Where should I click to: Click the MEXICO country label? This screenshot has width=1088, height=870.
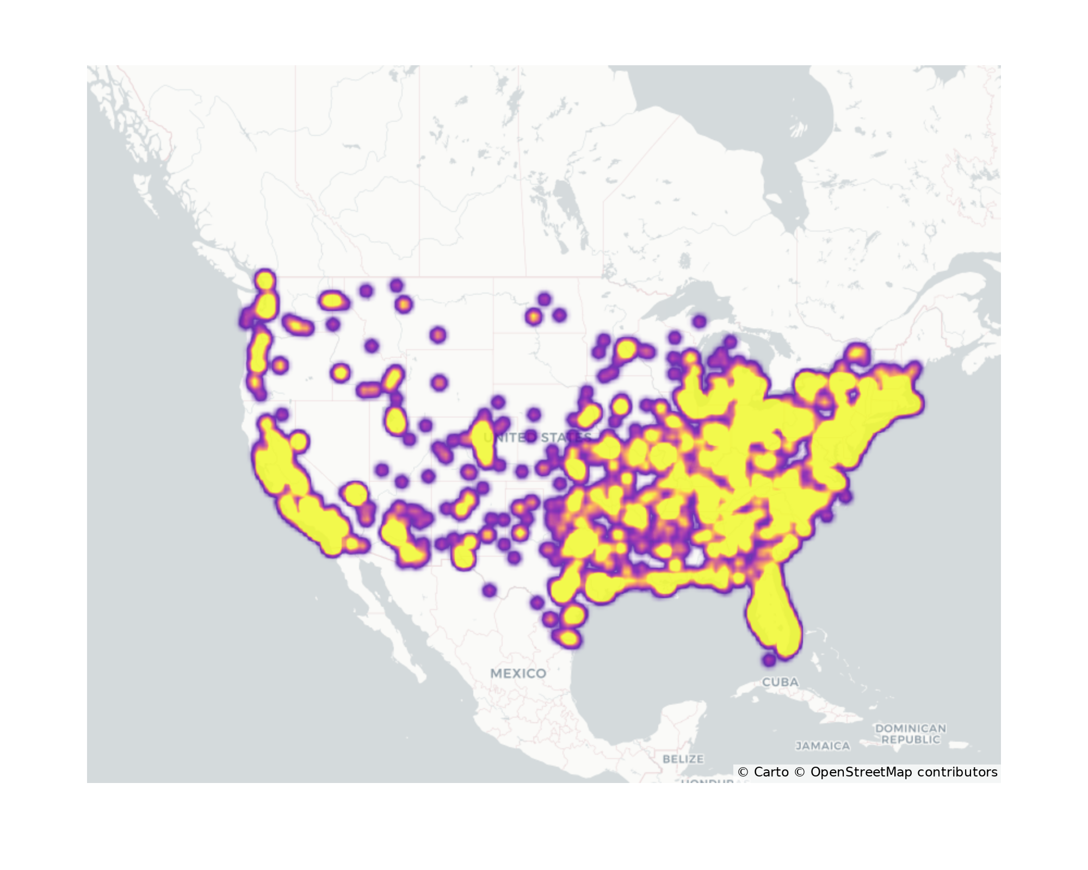518,673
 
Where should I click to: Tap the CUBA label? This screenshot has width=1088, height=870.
780,682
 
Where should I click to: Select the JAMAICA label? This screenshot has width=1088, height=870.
823,746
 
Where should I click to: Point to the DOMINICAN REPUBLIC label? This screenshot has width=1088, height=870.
911,734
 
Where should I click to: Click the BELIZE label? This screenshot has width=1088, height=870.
683,759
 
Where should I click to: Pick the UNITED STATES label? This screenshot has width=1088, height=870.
537,438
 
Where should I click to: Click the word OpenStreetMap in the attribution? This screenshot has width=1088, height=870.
861,772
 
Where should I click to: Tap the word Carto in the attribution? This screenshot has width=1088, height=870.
771,772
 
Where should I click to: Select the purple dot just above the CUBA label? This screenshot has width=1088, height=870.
769,660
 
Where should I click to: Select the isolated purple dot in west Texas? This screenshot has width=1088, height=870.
489,590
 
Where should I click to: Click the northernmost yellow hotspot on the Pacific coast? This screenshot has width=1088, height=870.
265,281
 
